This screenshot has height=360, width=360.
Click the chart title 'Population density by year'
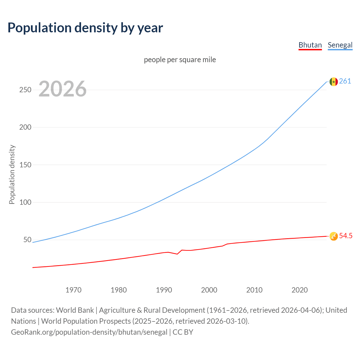tap(85, 28)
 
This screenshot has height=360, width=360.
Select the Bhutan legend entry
tap(310, 45)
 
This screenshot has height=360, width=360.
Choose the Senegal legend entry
tap(340, 45)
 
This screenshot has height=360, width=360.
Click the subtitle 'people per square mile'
tap(180, 60)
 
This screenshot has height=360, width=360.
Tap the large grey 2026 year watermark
tap(62, 89)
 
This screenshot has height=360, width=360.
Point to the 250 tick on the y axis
tap(25, 90)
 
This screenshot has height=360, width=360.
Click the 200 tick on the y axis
tap(25, 127)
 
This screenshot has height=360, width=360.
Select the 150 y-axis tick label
tap(25, 165)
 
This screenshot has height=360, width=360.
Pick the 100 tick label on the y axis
tap(25, 202)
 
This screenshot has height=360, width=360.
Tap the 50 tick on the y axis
tap(27, 240)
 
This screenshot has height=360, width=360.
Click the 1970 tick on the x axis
tap(73, 290)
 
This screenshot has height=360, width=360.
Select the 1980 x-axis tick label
tap(119, 290)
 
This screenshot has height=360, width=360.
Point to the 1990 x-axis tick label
tap(164, 290)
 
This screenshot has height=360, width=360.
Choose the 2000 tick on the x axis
tap(209, 290)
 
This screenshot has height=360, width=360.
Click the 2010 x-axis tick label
tap(254, 290)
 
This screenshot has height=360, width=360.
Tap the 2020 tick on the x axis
tap(300, 290)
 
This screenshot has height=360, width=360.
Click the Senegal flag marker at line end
tap(334, 82)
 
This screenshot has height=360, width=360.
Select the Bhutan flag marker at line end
tap(334, 236)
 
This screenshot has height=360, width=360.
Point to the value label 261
tap(345, 81)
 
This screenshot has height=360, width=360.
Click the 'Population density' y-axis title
tap(12, 174)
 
